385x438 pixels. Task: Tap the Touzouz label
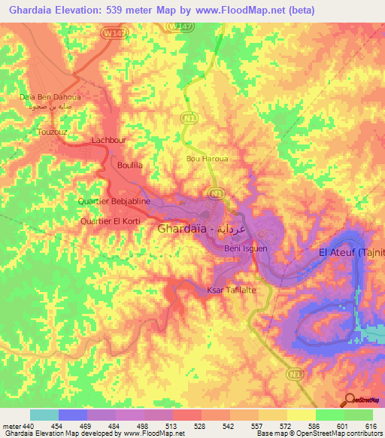(52, 132)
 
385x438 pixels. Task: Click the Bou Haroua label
(203, 159)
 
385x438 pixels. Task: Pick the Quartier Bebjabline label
(115, 202)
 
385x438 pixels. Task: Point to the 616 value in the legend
(371, 426)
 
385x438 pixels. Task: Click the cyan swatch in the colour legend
(44, 415)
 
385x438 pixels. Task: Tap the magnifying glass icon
(349, 400)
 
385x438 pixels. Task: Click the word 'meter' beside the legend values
(11, 426)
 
